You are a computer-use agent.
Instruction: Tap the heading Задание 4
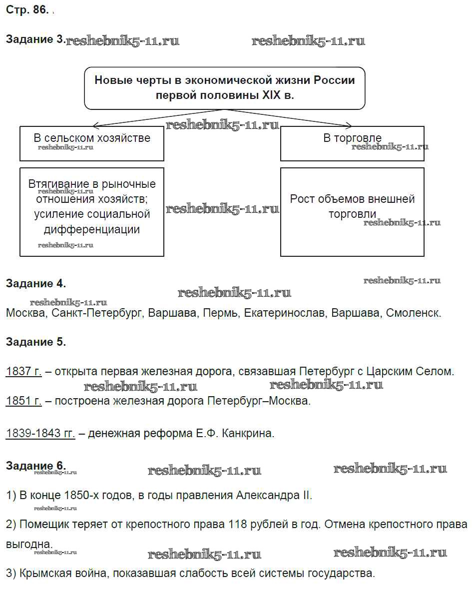pyautogui.click(x=35, y=284)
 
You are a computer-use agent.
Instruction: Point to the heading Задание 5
pyautogui.click(x=35, y=342)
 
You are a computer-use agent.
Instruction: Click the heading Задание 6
pyautogui.click(x=35, y=466)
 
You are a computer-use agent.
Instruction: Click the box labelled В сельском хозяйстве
pyautogui.click(x=92, y=143)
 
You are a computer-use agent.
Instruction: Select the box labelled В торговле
pyautogui.click(x=352, y=143)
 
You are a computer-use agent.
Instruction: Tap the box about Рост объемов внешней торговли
pyautogui.click(x=352, y=212)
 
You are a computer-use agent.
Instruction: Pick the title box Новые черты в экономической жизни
pyautogui.click(x=224, y=87)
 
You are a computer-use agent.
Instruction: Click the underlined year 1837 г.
pyautogui.click(x=23, y=372)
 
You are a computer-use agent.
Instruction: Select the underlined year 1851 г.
pyautogui.click(x=23, y=401)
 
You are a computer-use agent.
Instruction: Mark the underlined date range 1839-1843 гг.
pyautogui.click(x=40, y=433)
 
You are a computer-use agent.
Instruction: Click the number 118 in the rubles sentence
pyautogui.click(x=238, y=525)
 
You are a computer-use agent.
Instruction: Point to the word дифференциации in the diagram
pyautogui.click(x=92, y=230)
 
